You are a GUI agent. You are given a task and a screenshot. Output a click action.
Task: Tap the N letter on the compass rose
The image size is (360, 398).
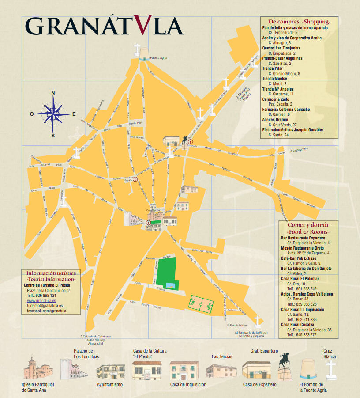click(53, 93)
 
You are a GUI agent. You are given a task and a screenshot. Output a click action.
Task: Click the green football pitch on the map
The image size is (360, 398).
click(201, 304)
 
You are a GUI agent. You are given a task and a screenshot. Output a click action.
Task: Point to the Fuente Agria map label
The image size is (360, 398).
click(158, 57)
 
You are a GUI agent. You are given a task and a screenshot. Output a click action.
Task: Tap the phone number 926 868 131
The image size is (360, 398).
click(47, 295)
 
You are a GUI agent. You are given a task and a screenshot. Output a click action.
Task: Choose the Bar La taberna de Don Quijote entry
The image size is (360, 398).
click(306, 269)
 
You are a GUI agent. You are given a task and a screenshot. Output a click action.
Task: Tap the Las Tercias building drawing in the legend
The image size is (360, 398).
click(221, 370)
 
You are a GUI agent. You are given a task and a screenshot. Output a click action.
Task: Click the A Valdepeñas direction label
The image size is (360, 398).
click(299, 150)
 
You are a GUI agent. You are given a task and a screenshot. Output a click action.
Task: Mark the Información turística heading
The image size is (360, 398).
click(51, 273)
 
